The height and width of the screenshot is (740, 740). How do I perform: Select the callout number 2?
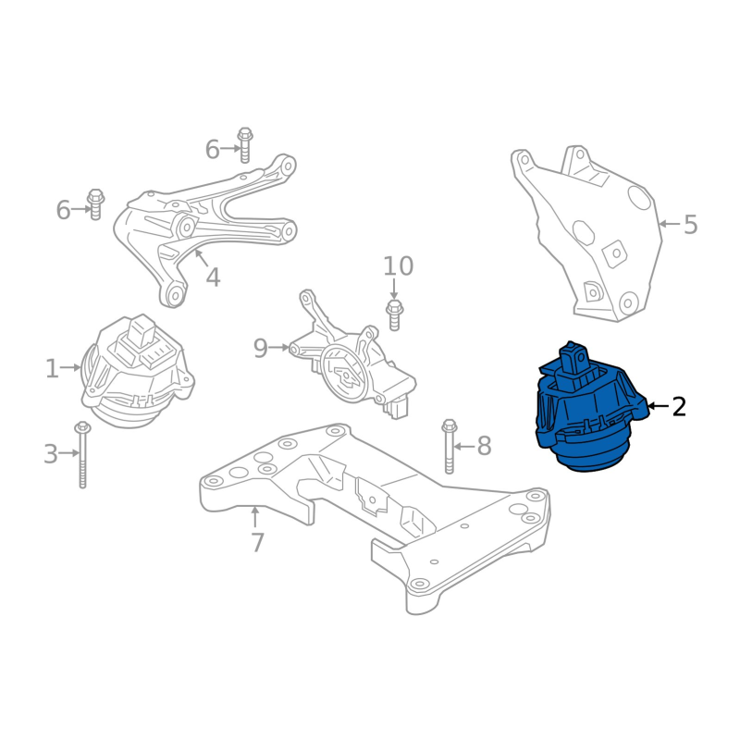(x=679, y=406)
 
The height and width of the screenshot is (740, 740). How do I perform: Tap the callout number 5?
(x=690, y=224)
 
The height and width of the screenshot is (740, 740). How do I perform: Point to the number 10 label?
(x=398, y=266)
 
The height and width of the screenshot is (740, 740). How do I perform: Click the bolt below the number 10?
(x=394, y=314)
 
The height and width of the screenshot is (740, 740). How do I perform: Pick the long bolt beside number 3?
(x=82, y=455)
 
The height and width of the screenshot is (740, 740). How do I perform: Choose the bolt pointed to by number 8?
(x=449, y=446)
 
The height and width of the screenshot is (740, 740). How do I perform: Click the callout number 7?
(x=257, y=543)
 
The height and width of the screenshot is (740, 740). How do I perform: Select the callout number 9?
(x=261, y=349)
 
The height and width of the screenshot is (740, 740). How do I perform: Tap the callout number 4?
(x=214, y=277)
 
